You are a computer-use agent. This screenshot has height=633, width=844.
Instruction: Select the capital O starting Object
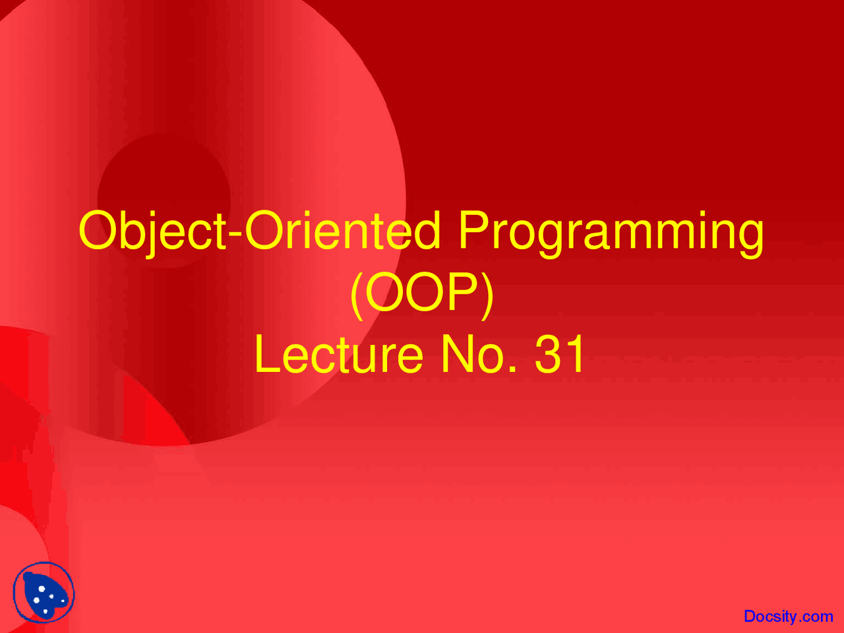98,231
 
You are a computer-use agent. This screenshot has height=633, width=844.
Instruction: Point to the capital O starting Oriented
264,231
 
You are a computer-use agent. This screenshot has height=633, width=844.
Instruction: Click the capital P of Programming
475,230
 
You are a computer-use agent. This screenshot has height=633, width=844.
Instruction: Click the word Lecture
339,354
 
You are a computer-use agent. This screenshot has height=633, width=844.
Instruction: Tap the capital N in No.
457,353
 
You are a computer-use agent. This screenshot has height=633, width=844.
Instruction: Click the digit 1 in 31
575,353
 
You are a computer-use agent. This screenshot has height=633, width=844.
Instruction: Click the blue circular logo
44,592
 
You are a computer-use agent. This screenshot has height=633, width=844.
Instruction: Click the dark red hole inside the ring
164,200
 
